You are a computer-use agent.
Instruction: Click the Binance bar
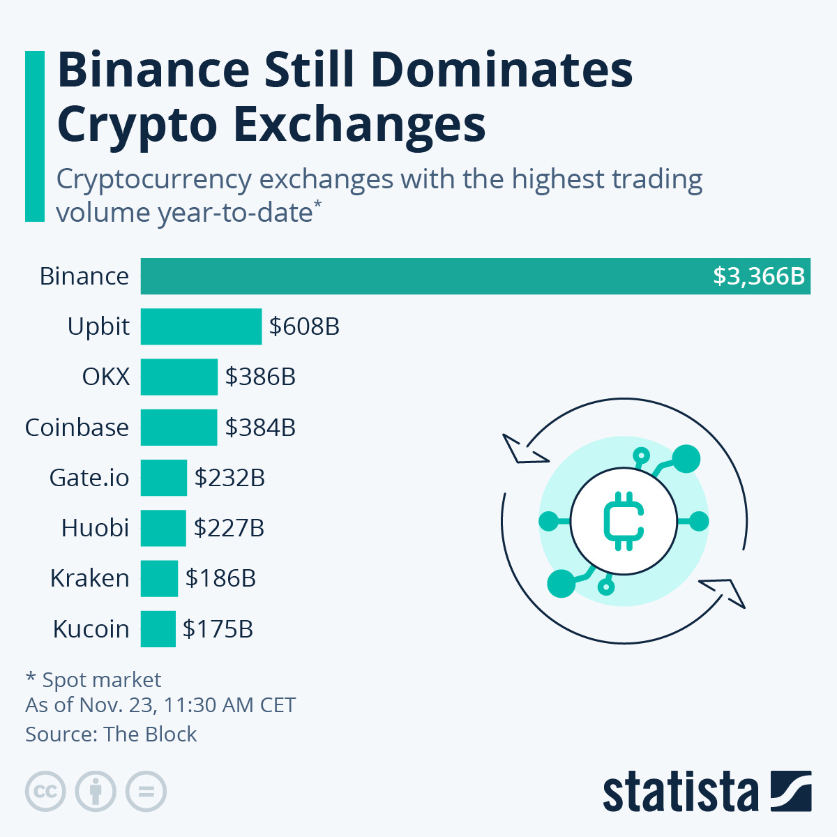click(x=474, y=276)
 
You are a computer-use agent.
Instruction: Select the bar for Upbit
click(x=201, y=326)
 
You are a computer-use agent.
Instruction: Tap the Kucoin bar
click(x=158, y=629)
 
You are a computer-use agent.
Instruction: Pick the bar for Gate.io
click(x=163, y=478)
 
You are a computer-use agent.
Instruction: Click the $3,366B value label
click(x=758, y=276)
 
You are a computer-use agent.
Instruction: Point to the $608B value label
click(x=304, y=326)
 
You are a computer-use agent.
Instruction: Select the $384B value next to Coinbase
click(x=260, y=428)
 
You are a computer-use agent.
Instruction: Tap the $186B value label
click(x=220, y=578)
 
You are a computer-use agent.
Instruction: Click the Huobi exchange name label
click(x=95, y=528)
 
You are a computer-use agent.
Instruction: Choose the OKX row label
click(x=105, y=377)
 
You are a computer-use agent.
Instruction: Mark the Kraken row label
click(x=89, y=578)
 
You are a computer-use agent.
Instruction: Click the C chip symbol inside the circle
click(x=623, y=521)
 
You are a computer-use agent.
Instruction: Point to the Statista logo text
click(x=680, y=793)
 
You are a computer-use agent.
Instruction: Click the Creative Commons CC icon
click(x=45, y=792)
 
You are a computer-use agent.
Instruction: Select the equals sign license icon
click(x=146, y=792)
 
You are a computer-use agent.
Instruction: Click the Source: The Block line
click(x=111, y=734)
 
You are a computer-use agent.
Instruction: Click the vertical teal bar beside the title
click(x=34, y=136)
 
